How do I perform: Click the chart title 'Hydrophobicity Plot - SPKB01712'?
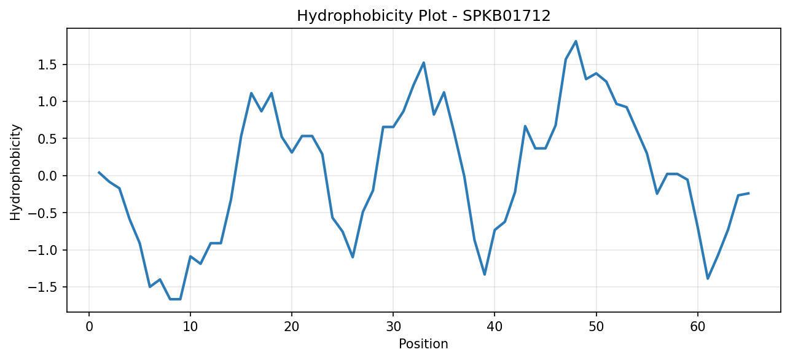coord(424,16)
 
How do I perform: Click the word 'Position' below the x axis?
coord(423,344)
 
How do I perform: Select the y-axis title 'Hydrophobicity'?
coord(15,172)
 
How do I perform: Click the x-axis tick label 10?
coord(190,327)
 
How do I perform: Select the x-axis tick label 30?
coord(393,327)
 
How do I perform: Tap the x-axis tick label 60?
coord(698,327)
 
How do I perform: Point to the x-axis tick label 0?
coord(89,327)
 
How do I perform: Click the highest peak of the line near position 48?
coord(576,41)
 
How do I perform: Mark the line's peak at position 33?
coord(424,63)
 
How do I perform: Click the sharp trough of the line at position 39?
coord(485,275)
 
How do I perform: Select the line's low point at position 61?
coord(708,278)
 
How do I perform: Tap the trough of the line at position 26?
coord(353,257)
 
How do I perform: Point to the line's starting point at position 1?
coord(99,172)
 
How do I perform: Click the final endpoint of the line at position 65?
coord(748,194)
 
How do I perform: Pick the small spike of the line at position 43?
coord(525,126)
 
